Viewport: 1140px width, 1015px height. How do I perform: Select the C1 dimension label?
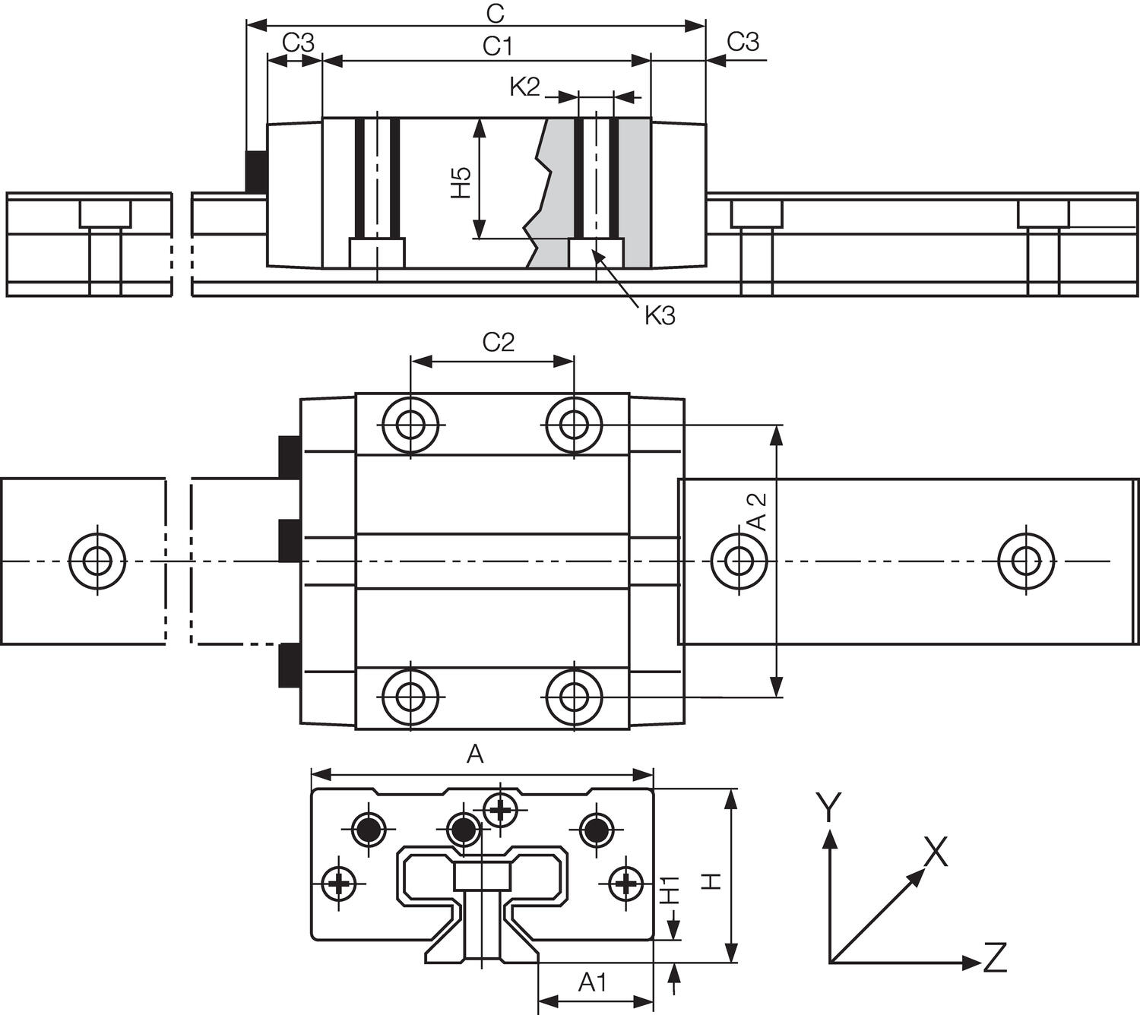[x=498, y=47]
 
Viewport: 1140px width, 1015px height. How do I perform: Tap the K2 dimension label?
[x=524, y=87]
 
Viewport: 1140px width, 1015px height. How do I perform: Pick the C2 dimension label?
[x=499, y=343]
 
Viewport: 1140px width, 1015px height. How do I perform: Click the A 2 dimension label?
[x=757, y=511]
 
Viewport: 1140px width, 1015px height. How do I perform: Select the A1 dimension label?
[x=593, y=983]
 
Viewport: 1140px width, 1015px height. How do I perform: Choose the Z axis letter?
[x=995, y=958]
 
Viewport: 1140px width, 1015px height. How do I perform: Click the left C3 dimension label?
[x=298, y=43]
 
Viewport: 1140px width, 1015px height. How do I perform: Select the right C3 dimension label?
[x=743, y=42]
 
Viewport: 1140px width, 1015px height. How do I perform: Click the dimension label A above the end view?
[x=475, y=754]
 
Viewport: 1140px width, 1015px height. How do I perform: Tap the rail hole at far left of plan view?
[x=97, y=561]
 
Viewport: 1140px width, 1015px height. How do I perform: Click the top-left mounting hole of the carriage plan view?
[x=411, y=423]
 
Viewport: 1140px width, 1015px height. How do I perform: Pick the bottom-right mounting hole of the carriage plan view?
[x=574, y=695]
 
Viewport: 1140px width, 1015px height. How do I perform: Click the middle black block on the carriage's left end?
[x=289, y=540]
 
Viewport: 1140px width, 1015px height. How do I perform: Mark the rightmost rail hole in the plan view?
[x=1026, y=561]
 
